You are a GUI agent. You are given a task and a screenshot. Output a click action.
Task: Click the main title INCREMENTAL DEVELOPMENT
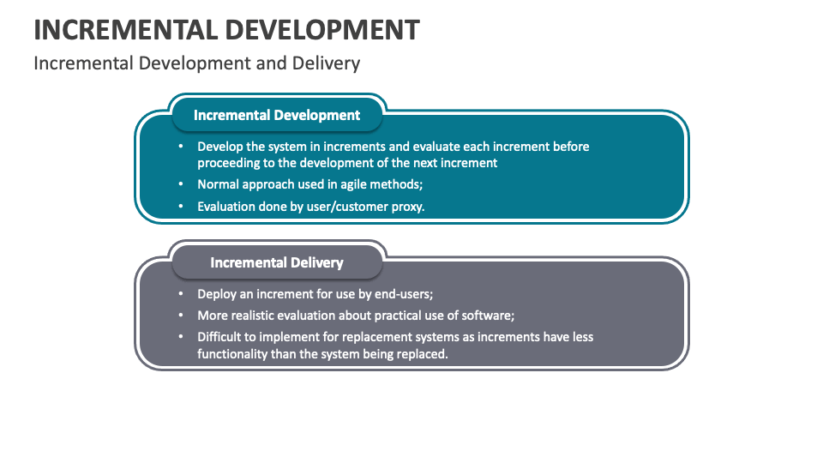[226, 29]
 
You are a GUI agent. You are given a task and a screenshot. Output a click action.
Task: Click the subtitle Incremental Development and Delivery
[196, 63]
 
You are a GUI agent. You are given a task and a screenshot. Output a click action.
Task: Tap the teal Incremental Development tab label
[277, 115]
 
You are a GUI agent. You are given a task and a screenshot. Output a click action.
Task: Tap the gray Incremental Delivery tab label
[277, 262]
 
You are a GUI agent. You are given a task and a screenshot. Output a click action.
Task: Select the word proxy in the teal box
[405, 207]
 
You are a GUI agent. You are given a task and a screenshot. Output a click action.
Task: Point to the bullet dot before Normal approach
[181, 183]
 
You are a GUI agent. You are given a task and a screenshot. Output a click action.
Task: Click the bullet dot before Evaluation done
[181, 206]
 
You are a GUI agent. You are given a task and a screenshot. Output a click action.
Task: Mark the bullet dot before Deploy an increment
[181, 292]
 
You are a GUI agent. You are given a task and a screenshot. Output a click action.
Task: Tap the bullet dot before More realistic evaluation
[181, 315]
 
